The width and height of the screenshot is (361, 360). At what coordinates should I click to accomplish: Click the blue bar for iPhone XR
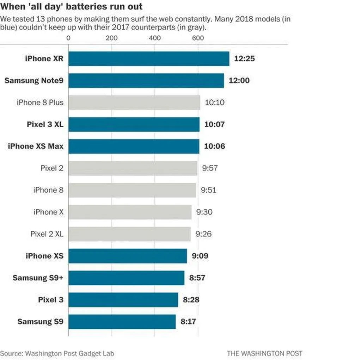(148, 58)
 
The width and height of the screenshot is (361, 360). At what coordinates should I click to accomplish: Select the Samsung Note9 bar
(146, 80)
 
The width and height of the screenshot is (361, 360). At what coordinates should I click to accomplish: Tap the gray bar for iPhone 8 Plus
(134, 103)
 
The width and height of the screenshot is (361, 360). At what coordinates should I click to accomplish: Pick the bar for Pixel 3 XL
(134, 124)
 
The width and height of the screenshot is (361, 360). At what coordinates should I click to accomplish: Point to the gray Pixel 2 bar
(133, 168)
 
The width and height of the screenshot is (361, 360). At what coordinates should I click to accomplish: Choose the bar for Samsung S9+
(126, 278)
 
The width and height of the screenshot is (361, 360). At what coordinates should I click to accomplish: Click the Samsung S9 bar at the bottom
(122, 322)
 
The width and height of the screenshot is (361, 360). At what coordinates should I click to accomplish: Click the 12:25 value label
(244, 58)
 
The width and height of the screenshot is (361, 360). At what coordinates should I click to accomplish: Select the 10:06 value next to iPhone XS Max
(215, 146)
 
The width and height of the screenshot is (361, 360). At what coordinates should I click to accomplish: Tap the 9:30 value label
(204, 212)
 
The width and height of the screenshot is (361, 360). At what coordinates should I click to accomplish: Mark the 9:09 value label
(200, 256)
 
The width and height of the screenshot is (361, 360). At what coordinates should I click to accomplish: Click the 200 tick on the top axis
(111, 38)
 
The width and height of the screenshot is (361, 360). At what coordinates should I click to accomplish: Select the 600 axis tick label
(198, 38)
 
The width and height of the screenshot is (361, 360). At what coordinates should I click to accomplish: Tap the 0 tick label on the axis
(68, 38)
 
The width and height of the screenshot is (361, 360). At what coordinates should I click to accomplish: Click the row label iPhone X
(48, 212)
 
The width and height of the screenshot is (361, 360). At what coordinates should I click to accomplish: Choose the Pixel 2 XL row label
(47, 234)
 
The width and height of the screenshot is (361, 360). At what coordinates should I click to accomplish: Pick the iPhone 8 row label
(48, 190)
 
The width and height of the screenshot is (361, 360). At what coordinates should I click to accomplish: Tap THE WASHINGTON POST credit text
(264, 353)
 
